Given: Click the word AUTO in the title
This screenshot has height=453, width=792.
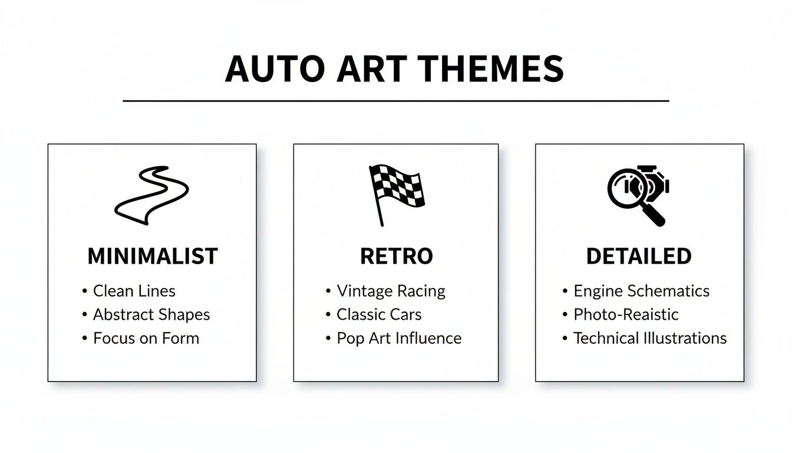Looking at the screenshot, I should [274, 69].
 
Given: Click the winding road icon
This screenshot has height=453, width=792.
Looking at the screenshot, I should [151, 195].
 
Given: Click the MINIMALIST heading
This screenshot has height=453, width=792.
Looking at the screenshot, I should [153, 257].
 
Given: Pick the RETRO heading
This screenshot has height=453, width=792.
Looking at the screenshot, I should [396, 257].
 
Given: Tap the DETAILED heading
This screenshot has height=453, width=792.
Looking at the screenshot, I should [639, 257].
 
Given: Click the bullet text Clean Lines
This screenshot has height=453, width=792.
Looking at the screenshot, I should [134, 291].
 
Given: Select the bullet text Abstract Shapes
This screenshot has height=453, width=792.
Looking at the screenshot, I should [151, 314].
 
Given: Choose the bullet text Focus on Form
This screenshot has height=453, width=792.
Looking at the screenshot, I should [146, 339].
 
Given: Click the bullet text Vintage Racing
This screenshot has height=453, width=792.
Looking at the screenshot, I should [391, 291].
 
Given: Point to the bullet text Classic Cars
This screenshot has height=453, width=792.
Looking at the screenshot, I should [379, 314].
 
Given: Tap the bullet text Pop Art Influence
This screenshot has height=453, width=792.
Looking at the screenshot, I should [399, 339].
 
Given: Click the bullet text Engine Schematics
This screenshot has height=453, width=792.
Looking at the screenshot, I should [641, 291].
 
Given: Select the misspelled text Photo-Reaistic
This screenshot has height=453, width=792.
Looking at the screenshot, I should [626, 314].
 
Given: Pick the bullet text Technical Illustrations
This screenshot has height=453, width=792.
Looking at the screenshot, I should [650, 339].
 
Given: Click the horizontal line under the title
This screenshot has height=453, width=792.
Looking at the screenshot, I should [396, 101].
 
